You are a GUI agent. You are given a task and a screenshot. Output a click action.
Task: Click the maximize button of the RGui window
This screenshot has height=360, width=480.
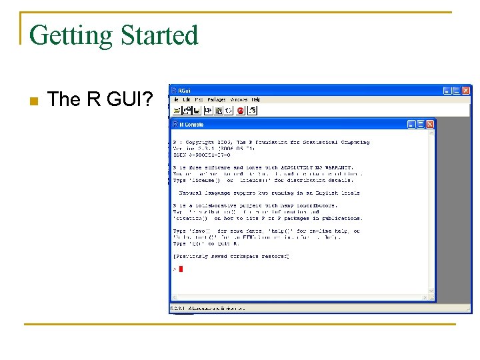457,90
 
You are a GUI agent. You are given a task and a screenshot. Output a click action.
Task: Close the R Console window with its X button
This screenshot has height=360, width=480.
429,124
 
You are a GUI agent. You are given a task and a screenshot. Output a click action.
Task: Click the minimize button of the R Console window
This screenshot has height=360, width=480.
412,124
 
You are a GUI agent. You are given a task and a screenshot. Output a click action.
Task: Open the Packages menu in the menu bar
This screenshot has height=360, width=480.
216,100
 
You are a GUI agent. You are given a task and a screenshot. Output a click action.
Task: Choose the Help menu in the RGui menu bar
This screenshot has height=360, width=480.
256,100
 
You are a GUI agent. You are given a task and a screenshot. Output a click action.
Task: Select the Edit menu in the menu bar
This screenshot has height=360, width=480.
187,100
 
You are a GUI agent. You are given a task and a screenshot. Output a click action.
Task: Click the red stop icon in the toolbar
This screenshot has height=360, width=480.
240,110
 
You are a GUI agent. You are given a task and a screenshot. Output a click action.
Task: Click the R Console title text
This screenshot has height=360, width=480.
191,125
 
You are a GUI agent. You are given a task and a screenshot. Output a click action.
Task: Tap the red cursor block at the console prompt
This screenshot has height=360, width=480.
180,269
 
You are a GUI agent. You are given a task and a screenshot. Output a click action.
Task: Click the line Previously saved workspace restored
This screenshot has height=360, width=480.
231,256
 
